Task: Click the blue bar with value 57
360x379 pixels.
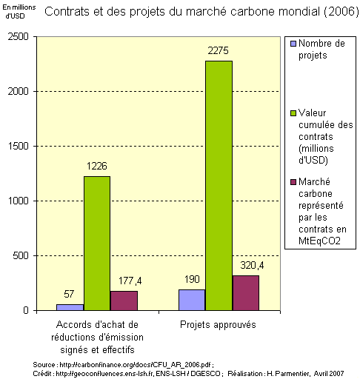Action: pos(70,306)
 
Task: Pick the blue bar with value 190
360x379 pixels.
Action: pos(192,300)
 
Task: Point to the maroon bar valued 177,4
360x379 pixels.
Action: pos(124,301)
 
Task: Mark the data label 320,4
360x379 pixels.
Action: pos(246,264)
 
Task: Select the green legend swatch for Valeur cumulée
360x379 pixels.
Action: pos(292,114)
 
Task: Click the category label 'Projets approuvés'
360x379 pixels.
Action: pos(219,325)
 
